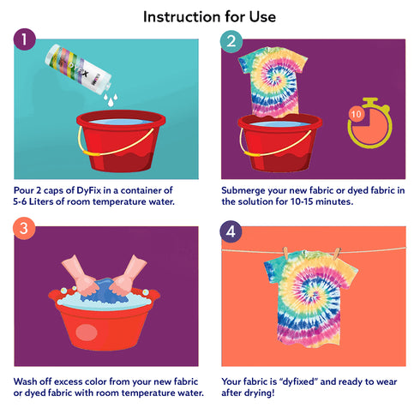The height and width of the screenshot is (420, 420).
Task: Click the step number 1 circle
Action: point(25,39)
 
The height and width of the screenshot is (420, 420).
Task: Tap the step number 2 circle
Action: point(231,41)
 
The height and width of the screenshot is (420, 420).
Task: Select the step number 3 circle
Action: point(24,229)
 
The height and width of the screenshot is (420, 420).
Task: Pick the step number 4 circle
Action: point(231,231)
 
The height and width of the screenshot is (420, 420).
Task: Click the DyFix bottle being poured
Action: point(78,69)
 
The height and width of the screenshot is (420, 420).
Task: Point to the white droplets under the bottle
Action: point(111,100)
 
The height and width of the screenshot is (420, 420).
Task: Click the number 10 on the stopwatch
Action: point(357,114)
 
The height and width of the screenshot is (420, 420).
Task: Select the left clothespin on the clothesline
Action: point(285,253)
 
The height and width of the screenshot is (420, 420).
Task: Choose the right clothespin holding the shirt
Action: point(337,253)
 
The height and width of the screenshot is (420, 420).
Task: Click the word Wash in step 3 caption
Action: point(25,381)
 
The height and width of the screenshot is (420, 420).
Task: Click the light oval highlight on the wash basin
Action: point(87,333)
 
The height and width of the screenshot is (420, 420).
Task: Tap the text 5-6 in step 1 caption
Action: point(20,201)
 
